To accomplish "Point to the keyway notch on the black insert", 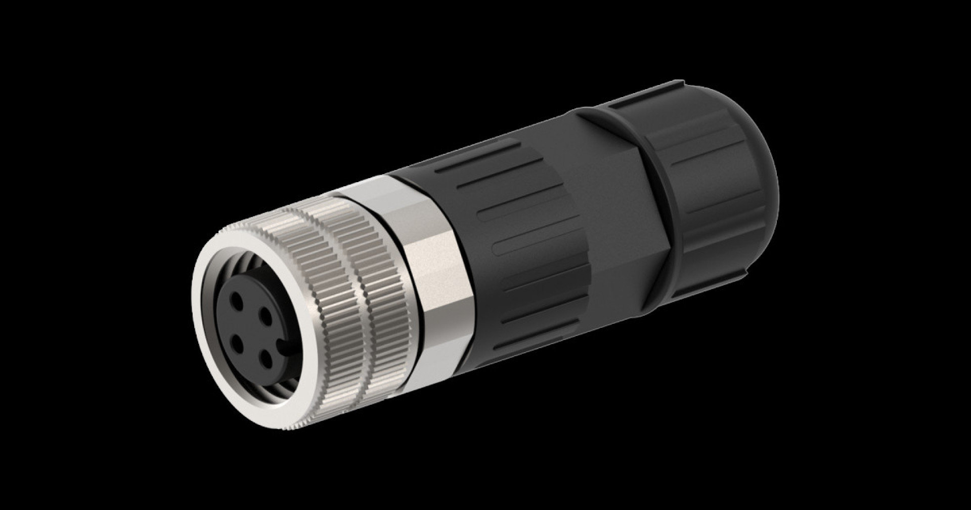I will (x=287, y=345).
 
